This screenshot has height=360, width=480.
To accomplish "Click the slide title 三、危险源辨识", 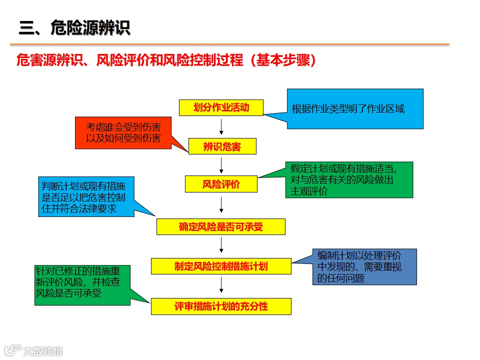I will [x=74, y=28].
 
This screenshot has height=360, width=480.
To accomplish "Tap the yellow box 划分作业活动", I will [x=221, y=107].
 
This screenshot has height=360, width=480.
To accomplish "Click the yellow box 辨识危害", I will [x=222, y=146].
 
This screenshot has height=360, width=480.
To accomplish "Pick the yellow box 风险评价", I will [x=221, y=184].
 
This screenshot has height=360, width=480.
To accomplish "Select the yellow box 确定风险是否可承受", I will [x=220, y=227].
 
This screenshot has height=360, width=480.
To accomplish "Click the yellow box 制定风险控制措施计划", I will [x=221, y=266].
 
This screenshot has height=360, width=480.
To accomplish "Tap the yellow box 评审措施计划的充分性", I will [x=221, y=306].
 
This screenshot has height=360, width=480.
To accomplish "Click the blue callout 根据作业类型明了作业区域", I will [x=355, y=108].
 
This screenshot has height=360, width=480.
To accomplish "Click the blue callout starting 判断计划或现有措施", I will [x=86, y=196].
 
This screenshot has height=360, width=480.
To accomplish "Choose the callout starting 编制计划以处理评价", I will [x=364, y=266].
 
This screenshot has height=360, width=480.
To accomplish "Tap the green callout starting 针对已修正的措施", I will [x=81, y=284].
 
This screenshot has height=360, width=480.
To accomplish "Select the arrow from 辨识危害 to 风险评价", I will [x=221, y=164].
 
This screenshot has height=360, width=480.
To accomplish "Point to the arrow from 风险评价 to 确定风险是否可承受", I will [x=221, y=205].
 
